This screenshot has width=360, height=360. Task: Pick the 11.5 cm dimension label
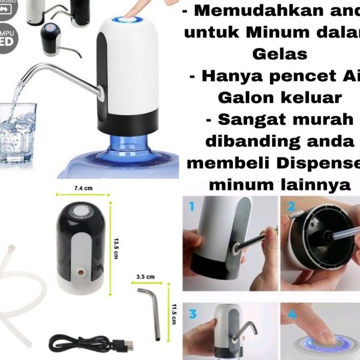pos(173,313)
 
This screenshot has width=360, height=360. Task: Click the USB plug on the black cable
pos(128,343)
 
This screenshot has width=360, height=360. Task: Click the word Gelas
pos(279,54)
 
